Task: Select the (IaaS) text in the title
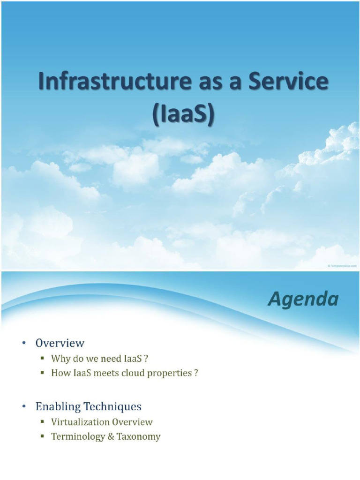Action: click(x=183, y=114)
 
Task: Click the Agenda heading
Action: click(x=303, y=299)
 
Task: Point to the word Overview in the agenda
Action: click(x=60, y=343)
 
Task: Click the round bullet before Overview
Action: click(x=23, y=344)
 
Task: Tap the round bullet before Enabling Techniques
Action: click(x=23, y=406)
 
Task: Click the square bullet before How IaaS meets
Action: click(x=42, y=374)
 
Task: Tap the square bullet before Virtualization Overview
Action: click(x=42, y=422)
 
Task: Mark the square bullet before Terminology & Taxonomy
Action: click(x=42, y=437)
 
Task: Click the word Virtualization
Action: click(x=79, y=422)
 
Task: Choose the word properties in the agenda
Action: click(x=171, y=374)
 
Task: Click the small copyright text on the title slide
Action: click(x=342, y=266)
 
